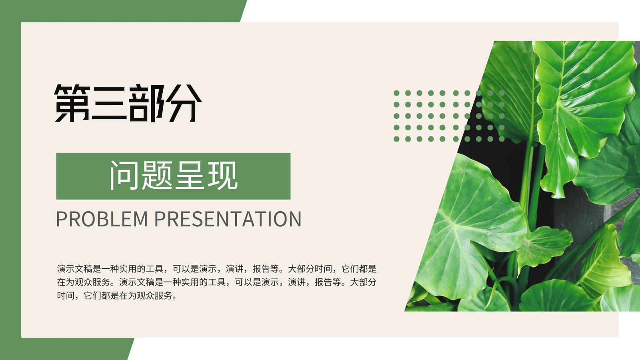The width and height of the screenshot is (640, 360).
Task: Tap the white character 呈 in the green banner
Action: pos(190,175)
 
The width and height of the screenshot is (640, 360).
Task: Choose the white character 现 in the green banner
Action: pos(222,175)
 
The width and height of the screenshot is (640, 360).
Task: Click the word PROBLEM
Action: pos(102,219)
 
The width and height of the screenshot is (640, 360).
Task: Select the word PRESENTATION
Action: pos(228,219)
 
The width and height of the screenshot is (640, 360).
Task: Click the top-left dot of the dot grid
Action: pos(396,93)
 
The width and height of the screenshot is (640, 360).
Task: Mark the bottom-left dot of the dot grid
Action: pos(396,139)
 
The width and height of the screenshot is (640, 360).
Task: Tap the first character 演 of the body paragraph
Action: pos(61,269)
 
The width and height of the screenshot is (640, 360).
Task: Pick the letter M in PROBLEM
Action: pos(140,219)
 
